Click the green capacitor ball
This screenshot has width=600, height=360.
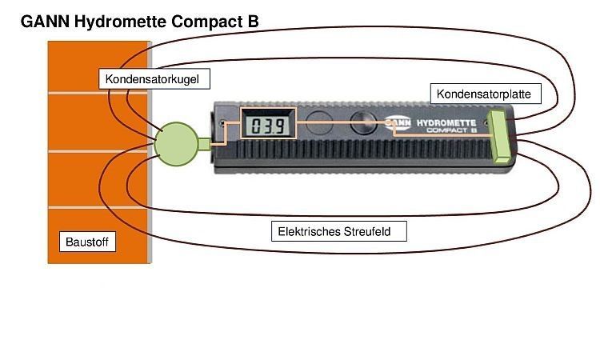click(x=175, y=142)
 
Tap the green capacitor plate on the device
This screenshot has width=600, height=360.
click(x=502, y=138)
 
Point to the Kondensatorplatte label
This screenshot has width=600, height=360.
click(x=484, y=94)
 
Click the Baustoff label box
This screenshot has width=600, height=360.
click(x=88, y=241)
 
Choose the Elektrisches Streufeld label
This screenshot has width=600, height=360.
click(x=339, y=232)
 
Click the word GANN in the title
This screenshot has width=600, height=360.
click(x=45, y=22)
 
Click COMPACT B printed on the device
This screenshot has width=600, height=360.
click(x=452, y=129)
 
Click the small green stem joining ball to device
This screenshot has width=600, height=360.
click(x=204, y=144)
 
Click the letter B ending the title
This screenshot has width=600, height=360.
click(x=252, y=22)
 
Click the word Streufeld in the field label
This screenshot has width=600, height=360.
click(x=377, y=232)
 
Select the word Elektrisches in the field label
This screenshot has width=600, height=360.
click(x=310, y=232)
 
